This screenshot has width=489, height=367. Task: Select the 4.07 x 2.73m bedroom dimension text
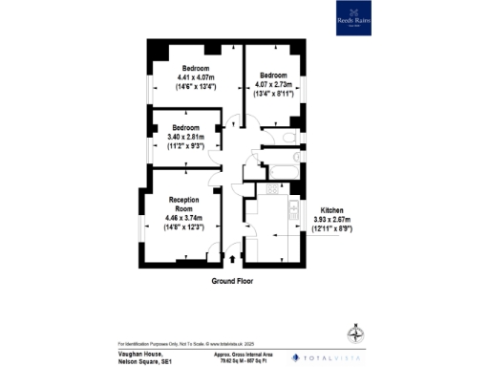pyautogui.click(x=273, y=84)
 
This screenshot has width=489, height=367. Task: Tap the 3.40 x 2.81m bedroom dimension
pyautogui.click(x=186, y=137)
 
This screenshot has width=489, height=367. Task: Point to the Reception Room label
pyautogui.click(x=183, y=204)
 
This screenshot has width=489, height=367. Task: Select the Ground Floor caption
pyautogui.click(x=236, y=283)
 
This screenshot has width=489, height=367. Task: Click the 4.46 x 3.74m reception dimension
pyautogui.click(x=183, y=220)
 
